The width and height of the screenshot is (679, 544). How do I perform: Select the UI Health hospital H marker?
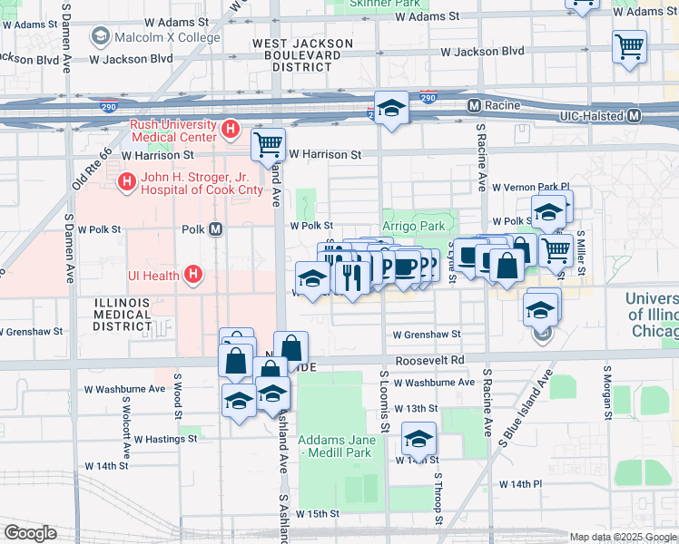192,273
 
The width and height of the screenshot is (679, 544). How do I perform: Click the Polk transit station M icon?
216,229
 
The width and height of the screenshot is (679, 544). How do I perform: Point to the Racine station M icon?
474,106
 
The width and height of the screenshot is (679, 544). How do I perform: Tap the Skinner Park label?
380,5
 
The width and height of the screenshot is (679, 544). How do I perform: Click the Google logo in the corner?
30,533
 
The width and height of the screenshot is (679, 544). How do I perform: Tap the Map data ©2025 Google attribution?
622,537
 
